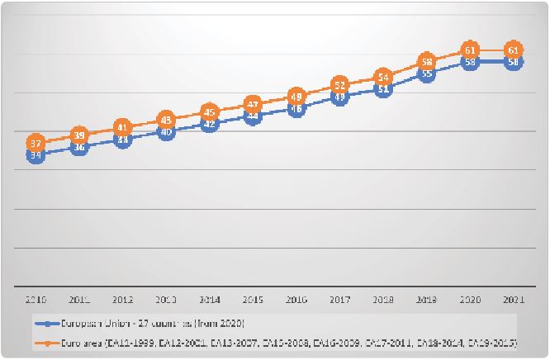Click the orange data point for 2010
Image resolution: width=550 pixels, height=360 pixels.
pyautogui.click(x=36, y=143)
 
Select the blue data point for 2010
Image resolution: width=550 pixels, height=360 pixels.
pyautogui.click(x=36, y=154)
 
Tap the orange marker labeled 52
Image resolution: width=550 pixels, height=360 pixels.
pyautogui.click(x=339, y=85)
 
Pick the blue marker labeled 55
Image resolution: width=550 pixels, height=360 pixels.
pyautogui.click(x=427, y=73)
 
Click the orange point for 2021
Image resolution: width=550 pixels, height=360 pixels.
pyautogui.click(x=514, y=50)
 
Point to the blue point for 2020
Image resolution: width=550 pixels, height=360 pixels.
pyautogui.click(x=470, y=62)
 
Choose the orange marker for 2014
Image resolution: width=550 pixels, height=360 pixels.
pyautogui.click(x=209, y=112)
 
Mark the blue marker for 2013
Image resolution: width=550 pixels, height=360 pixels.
pyautogui.click(x=166, y=132)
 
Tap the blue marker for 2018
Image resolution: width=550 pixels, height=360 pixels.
pyautogui.click(x=383, y=89)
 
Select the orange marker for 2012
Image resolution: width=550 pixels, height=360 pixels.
pyautogui.click(x=122, y=127)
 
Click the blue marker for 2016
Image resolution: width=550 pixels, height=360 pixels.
pyautogui.click(x=296, y=108)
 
